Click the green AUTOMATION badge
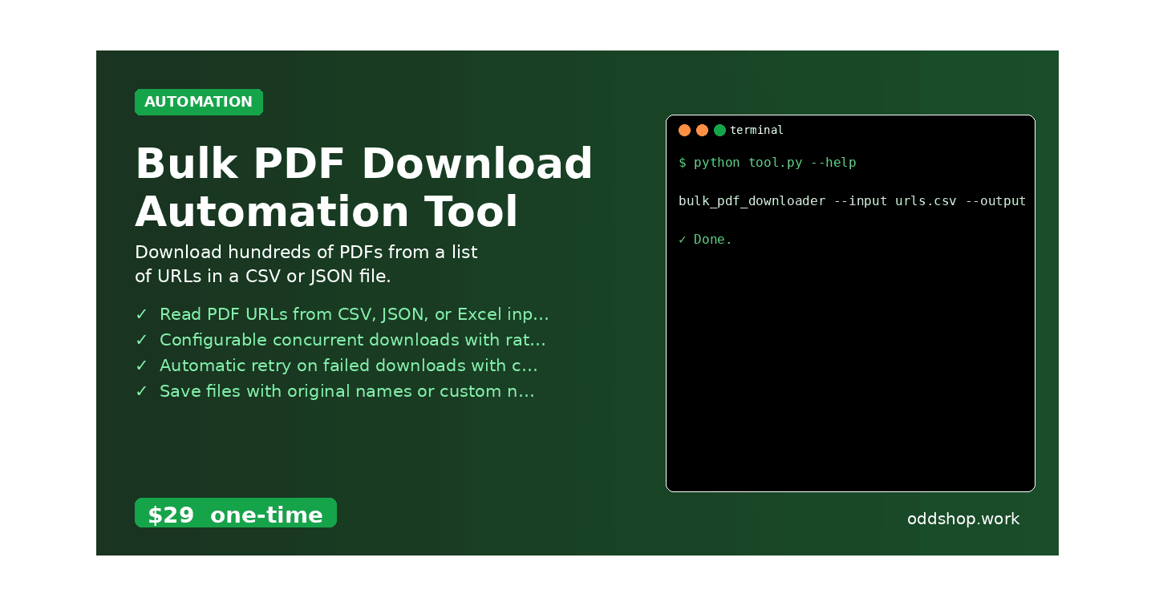coord(198,102)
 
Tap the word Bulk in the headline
coord(186,164)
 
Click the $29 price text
coord(171,515)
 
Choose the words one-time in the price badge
coord(266,515)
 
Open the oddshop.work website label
coord(962,519)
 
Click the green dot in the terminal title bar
coord(719,130)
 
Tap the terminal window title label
coord(756,130)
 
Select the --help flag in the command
coord(833,163)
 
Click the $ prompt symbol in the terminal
coord(683,163)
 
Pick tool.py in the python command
coord(776,163)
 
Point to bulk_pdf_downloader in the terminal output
coord(752,201)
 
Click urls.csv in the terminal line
coord(926,201)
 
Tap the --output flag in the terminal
coord(995,201)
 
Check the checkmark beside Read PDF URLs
coord(141,314)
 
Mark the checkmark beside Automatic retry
coord(141,366)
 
